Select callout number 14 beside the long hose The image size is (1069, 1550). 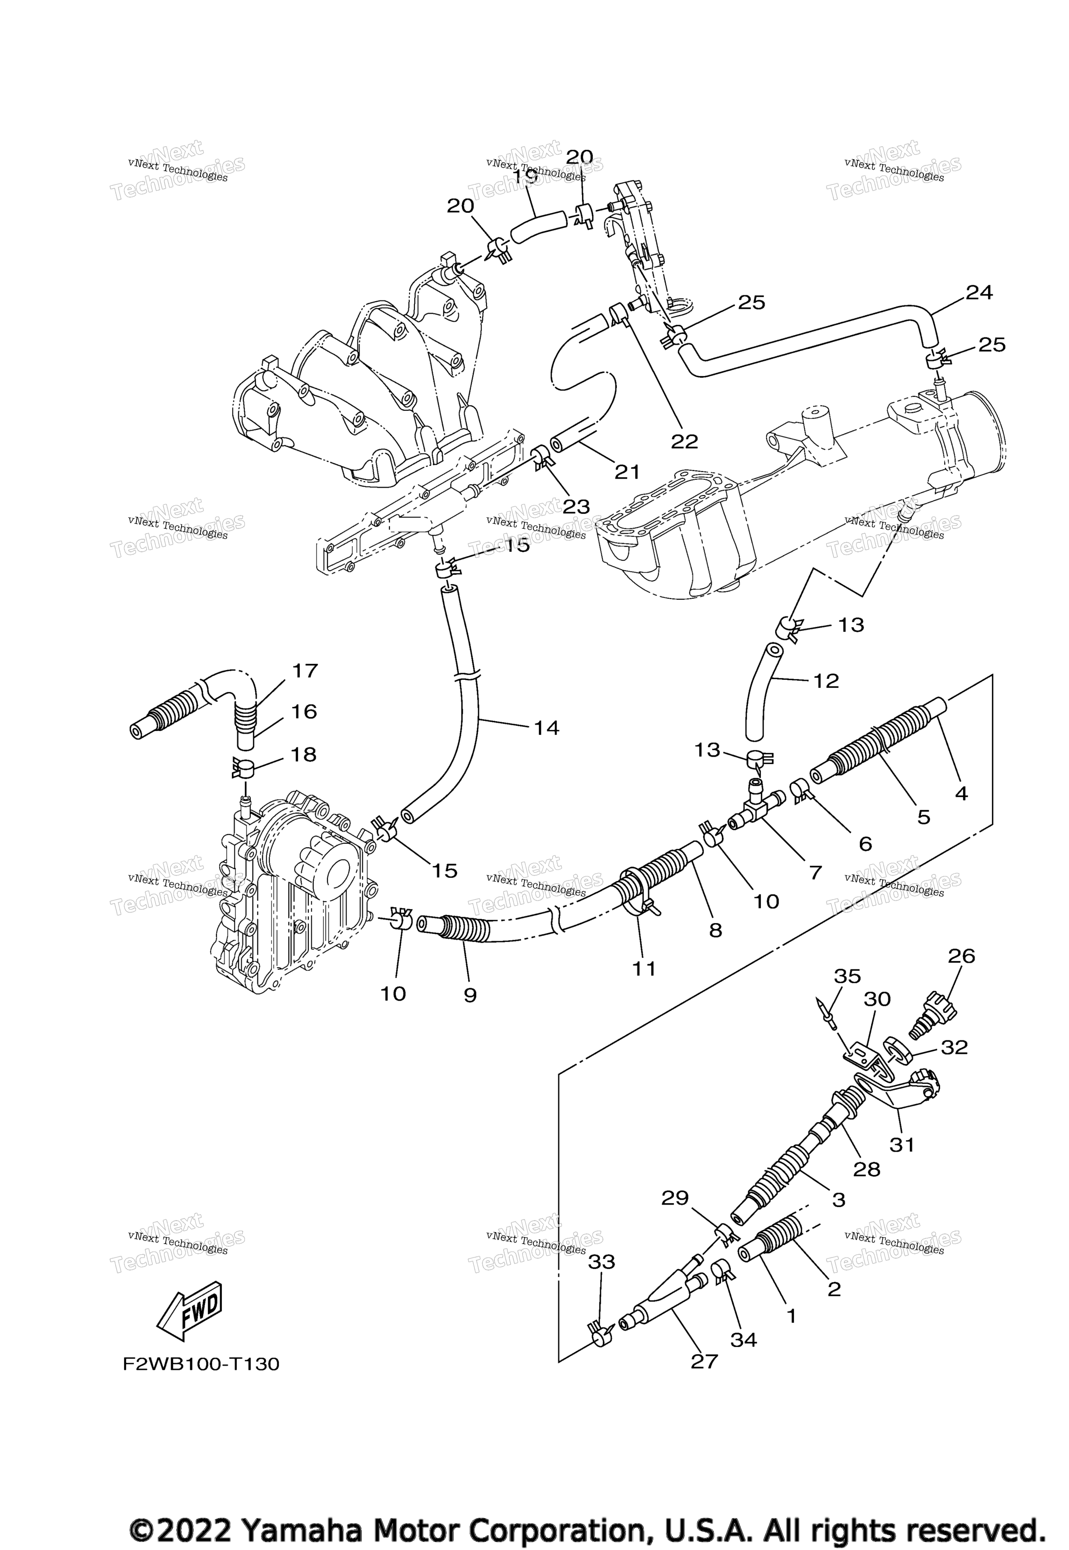click(547, 727)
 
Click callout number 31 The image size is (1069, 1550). click(902, 1145)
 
